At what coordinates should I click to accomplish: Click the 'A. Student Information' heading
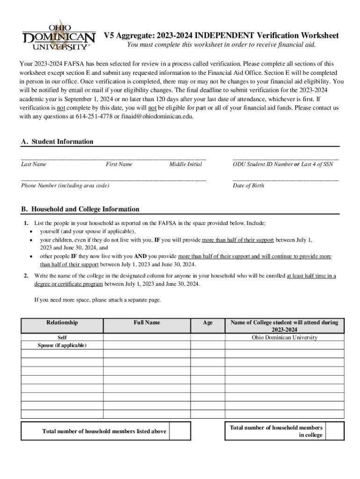[58, 142]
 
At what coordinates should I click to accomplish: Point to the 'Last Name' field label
[34, 164]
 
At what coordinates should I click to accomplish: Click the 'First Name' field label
[119, 164]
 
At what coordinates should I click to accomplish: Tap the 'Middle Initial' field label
[186, 164]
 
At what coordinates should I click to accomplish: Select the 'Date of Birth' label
[248, 186]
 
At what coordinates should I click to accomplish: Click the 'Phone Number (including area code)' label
[65, 186]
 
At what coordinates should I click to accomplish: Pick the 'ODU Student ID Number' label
[262, 164]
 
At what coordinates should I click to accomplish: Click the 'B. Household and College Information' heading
[80, 209]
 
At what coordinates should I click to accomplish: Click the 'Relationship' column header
[62, 323]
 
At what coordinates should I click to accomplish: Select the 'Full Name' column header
[147, 323]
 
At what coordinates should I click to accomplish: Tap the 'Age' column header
[208, 323]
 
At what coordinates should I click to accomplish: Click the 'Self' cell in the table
[62, 337]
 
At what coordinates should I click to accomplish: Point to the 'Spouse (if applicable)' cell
[62, 345]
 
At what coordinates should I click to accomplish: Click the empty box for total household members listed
[180, 431]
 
